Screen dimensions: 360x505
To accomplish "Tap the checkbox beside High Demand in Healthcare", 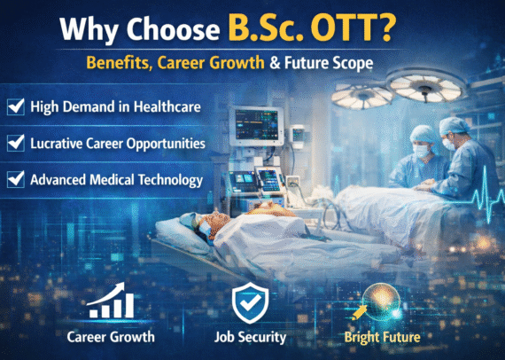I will pos(15,106).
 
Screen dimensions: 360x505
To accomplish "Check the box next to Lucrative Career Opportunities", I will pos(15,142).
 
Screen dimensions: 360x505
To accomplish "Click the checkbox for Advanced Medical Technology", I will pos(15,178).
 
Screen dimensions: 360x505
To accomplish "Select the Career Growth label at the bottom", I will pos(111,337).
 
